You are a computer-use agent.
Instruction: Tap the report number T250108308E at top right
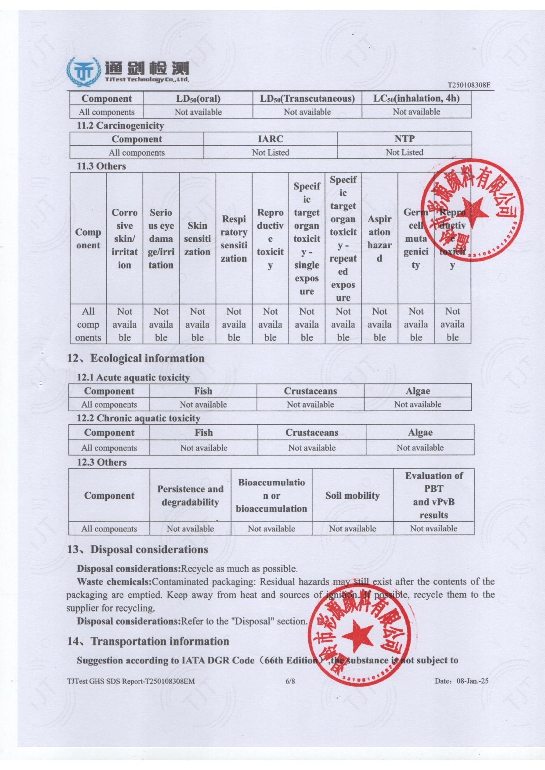(469, 85)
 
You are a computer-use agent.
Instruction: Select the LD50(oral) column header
(198, 98)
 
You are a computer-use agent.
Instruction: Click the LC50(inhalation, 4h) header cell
(416, 98)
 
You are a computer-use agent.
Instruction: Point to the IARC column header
(271, 139)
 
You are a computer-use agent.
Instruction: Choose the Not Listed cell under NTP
(404, 152)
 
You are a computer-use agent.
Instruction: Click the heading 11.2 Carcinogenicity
(120, 125)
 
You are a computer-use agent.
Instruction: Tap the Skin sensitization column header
(197, 239)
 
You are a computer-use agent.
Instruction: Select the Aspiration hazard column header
(379, 239)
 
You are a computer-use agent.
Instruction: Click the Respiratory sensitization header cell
(234, 239)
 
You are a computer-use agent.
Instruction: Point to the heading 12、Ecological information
(136, 358)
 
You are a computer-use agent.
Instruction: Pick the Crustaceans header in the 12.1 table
(310, 391)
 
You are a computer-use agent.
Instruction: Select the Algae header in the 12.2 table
(420, 433)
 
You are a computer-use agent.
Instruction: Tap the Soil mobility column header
(352, 496)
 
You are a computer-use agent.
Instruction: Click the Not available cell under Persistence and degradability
(190, 529)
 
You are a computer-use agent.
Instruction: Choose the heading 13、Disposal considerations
(137, 550)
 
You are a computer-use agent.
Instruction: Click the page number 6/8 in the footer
(290, 681)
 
